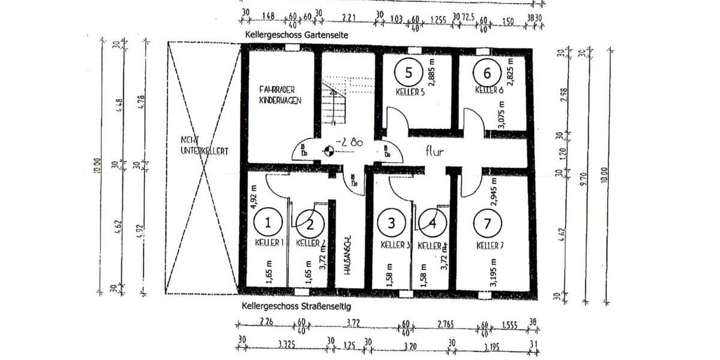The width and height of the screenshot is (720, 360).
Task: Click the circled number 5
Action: coord(409,73)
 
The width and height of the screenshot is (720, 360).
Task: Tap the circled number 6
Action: coord(487,73)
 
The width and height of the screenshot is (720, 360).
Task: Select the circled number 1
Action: coord(268,223)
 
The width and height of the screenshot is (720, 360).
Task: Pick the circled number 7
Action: coord(487,223)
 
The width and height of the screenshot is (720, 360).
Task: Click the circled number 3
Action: coord(391,223)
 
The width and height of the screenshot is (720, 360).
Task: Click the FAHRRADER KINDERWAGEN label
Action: coord(280,95)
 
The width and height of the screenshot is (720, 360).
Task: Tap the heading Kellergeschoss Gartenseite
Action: coord(296,35)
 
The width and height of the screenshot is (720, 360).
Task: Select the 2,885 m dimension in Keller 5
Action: coord(431,73)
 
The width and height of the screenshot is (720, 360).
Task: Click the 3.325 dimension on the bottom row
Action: coord(285,345)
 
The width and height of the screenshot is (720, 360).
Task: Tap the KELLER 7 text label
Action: coord(491,245)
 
